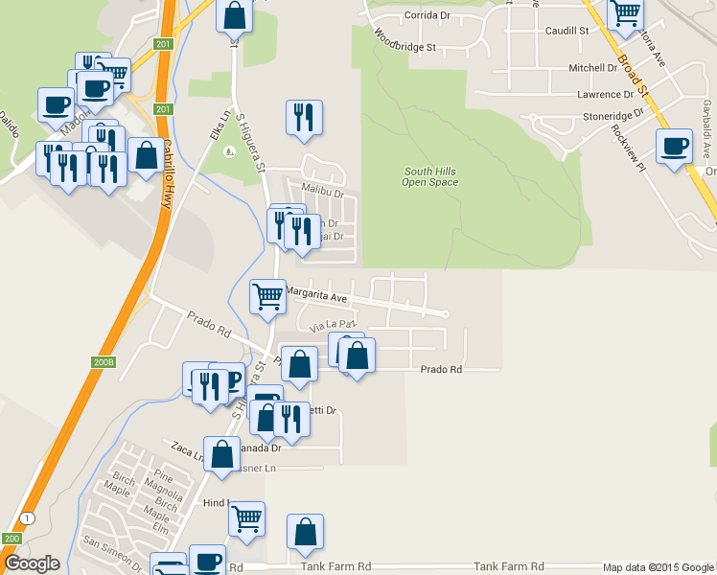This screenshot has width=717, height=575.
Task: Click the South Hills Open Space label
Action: pyautogui.click(x=428, y=175)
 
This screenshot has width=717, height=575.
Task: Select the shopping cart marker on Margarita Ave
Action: pyautogui.click(x=266, y=296)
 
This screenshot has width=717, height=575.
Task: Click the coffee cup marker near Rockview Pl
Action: pyautogui.click(x=673, y=147)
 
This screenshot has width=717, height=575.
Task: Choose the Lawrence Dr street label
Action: pyautogui.click(x=605, y=95)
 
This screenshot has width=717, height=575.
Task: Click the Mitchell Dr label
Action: pyautogui.click(x=594, y=68)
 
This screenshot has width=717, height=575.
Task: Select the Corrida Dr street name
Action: pyautogui.click(x=428, y=15)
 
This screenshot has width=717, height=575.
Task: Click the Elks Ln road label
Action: pyautogui.click(x=216, y=125)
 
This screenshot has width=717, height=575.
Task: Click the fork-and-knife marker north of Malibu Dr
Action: pyautogui.click(x=304, y=117)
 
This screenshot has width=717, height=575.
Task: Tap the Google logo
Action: pyautogui.click(x=31, y=563)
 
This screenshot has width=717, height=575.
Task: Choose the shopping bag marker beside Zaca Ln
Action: pyautogui.click(x=221, y=453)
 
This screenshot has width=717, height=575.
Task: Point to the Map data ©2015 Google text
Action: pyautogui.click(x=657, y=567)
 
